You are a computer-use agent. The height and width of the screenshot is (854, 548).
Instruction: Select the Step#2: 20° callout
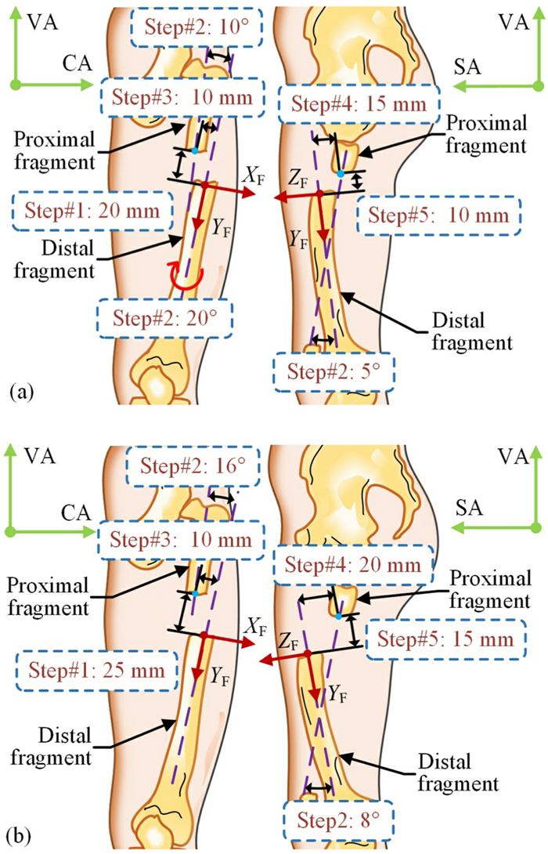coord(164,318)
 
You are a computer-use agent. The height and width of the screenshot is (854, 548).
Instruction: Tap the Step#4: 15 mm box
coord(355,103)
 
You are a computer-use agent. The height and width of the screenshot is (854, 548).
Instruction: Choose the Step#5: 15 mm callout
coord(443,638)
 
